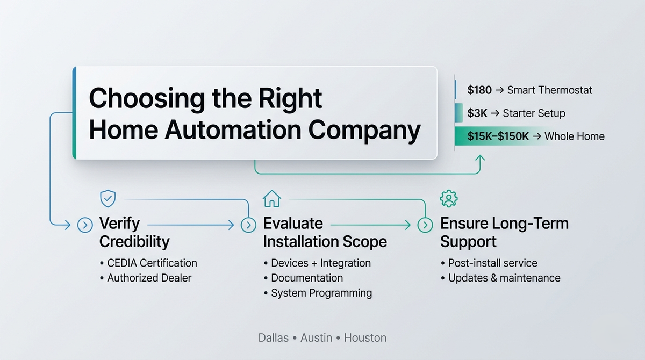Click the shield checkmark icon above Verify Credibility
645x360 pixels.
(x=108, y=198)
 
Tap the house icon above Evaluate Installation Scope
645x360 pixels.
(x=271, y=198)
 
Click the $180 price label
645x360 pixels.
(x=479, y=90)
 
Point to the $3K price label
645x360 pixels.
(x=477, y=113)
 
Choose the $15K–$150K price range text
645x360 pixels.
(x=498, y=136)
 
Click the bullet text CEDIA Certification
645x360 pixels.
(x=152, y=263)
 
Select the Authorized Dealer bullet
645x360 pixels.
(x=149, y=278)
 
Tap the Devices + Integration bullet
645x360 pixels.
(x=321, y=263)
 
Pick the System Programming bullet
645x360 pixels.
(x=321, y=293)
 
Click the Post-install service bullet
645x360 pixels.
(x=492, y=263)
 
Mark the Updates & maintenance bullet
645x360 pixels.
(x=504, y=278)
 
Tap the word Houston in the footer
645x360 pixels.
(x=365, y=338)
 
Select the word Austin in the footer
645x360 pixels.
(x=320, y=338)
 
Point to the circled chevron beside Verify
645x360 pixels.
(x=85, y=225)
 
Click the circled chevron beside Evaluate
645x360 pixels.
(x=248, y=225)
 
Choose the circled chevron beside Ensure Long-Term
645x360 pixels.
(x=425, y=225)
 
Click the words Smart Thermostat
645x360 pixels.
(x=549, y=90)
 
